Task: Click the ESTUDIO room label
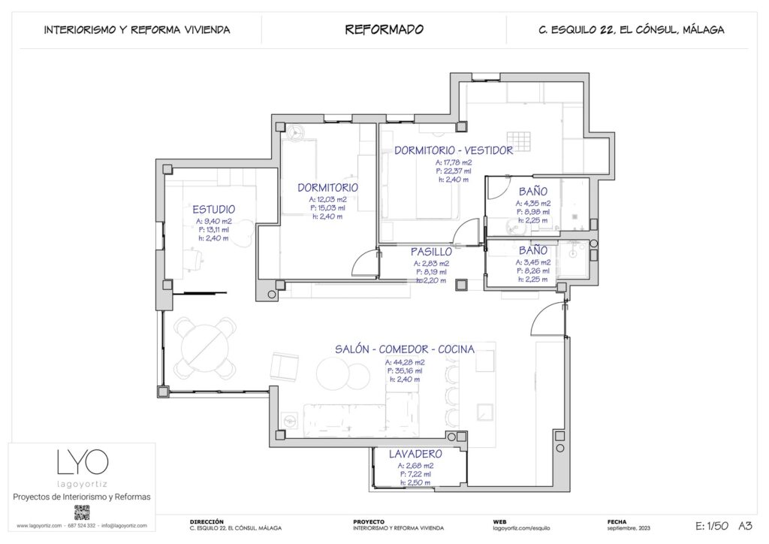click(213, 209)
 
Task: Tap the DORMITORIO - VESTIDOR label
click(453, 150)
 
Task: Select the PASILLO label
click(431, 252)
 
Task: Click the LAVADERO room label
click(415, 454)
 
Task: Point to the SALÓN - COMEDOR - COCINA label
click(404, 349)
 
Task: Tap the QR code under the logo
click(82, 512)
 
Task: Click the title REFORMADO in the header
click(384, 30)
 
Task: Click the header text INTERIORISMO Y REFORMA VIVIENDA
click(137, 30)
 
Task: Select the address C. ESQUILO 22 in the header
click(631, 30)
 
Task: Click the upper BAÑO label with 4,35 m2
click(532, 191)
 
